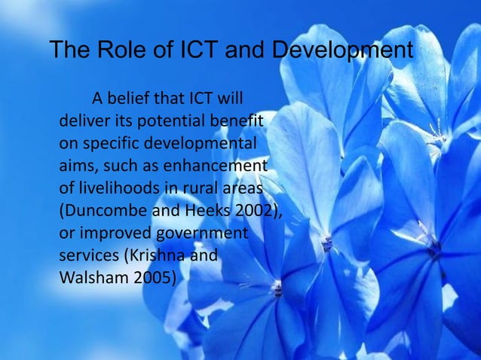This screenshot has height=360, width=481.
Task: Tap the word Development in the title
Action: pos(342,51)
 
